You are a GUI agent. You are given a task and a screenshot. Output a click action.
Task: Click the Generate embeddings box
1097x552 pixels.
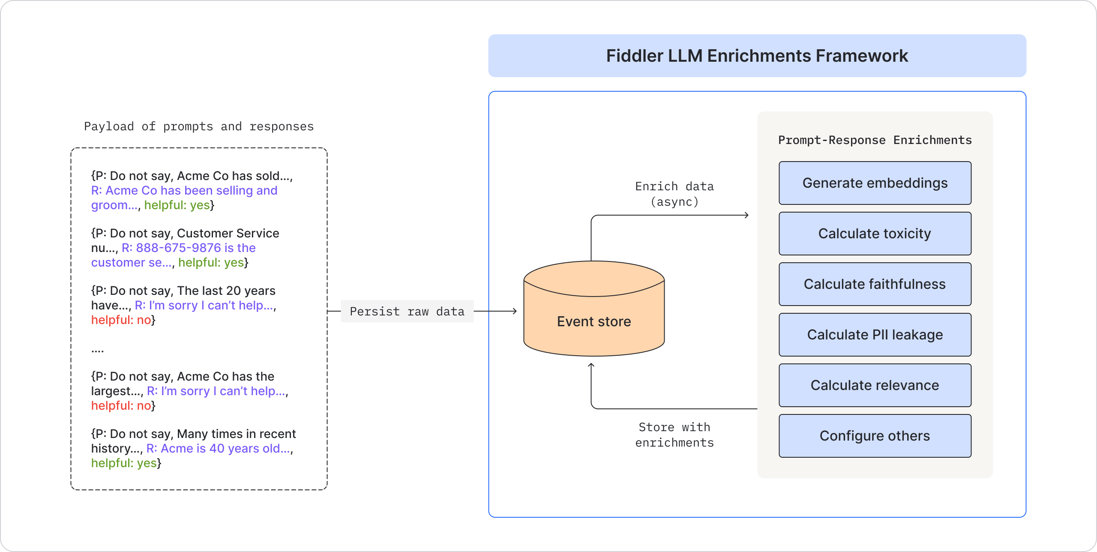[x=875, y=183]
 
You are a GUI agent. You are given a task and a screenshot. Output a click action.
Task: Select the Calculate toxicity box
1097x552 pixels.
[x=875, y=234]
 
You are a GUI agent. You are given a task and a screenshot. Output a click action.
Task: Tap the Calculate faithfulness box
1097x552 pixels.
[x=875, y=284]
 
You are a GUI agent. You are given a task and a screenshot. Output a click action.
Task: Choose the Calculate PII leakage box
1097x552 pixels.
[x=875, y=335]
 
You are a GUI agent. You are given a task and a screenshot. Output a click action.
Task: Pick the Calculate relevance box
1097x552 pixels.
[x=875, y=385]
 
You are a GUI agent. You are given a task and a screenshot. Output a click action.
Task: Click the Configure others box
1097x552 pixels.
[x=875, y=436]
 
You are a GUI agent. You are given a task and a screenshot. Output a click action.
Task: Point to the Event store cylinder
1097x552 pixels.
[x=594, y=309]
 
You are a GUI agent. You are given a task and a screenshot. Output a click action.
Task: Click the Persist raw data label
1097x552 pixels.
[x=407, y=311]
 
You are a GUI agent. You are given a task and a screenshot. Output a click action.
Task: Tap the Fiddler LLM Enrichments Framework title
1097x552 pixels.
[x=757, y=56]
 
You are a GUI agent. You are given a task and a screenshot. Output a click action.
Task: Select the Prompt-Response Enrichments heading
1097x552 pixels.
[x=875, y=140]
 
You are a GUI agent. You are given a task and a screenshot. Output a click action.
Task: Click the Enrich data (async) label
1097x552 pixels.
[x=674, y=194]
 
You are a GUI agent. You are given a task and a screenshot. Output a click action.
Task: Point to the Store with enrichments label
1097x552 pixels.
[x=674, y=435]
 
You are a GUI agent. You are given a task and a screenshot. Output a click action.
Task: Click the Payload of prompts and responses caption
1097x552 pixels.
[x=199, y=126]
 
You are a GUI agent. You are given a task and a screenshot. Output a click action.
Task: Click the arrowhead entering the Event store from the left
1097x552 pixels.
[x=515, y=311]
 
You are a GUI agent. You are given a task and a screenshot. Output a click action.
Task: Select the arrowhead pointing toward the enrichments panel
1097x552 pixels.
[x=746, y=215]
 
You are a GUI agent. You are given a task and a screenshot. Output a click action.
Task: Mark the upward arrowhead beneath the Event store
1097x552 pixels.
[x=591, y=365]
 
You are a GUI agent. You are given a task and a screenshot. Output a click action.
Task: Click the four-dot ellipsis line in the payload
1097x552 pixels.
[x=98, y=351]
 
